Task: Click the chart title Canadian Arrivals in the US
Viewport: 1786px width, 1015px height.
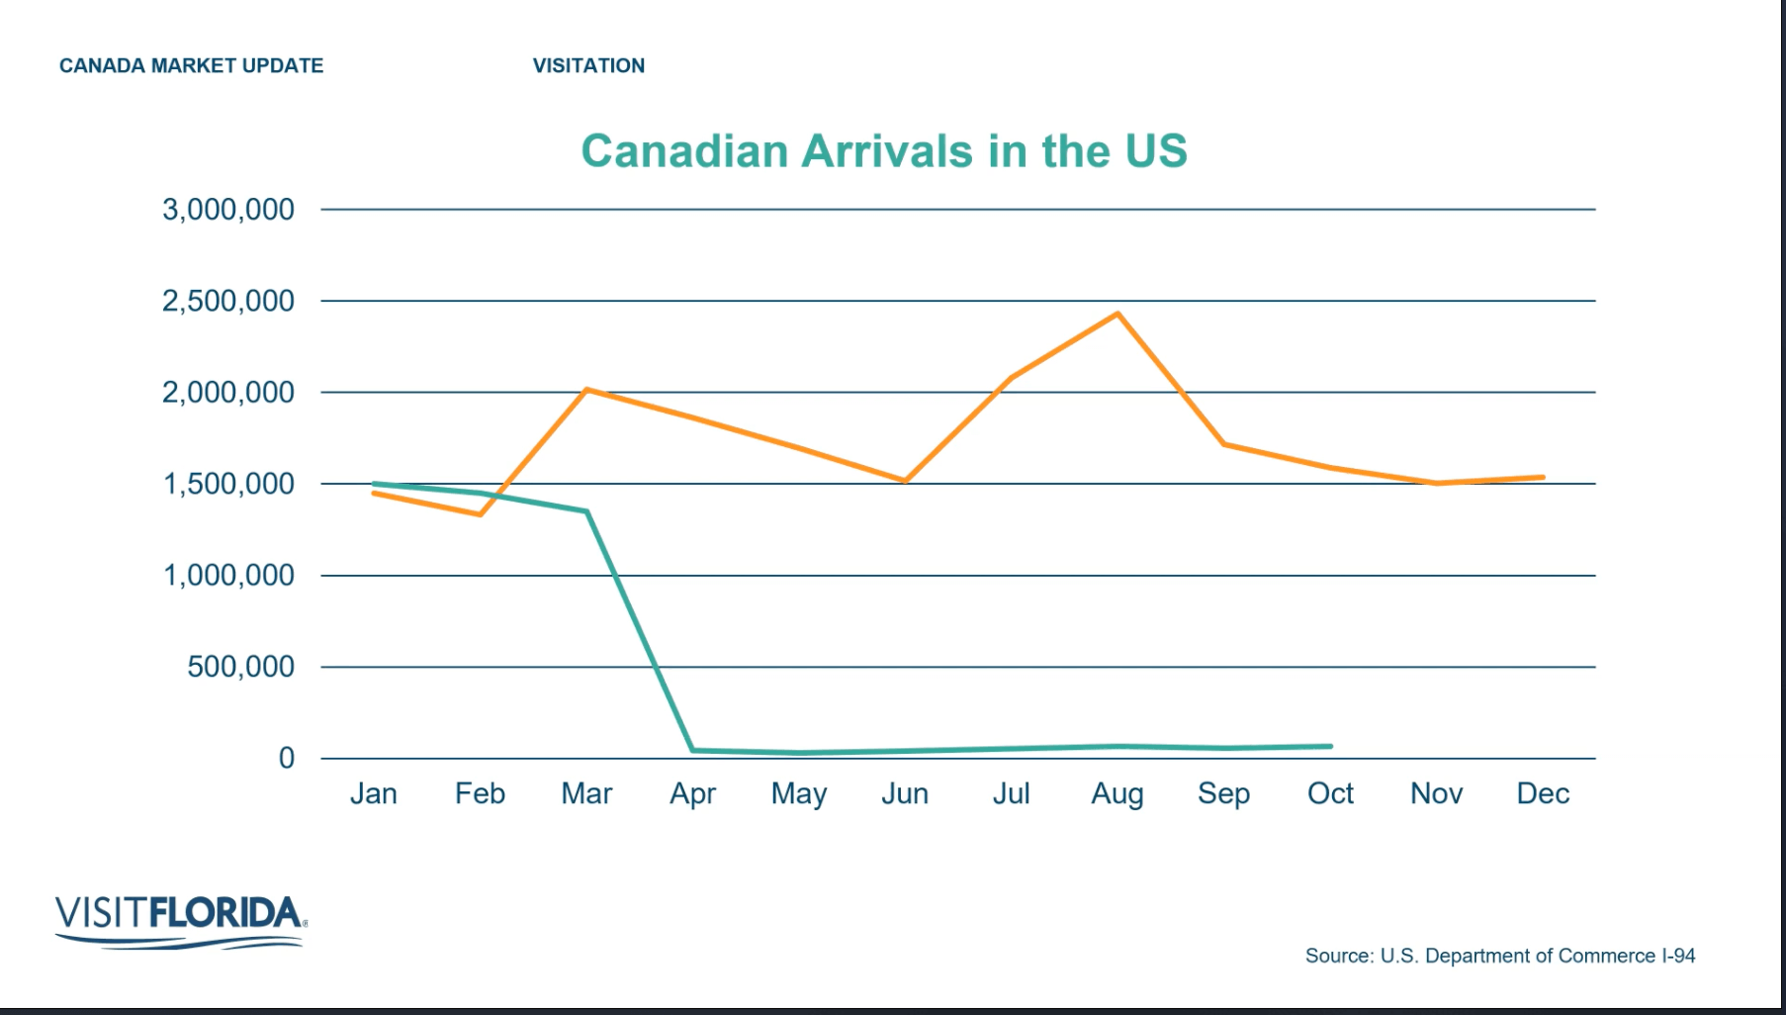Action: (x=883, y=151)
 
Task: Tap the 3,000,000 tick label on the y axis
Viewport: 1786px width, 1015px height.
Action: (x=228, y=210)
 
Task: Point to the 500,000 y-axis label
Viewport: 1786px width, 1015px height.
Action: (x=240, y=667)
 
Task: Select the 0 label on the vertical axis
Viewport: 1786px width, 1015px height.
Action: (x=286, y=758)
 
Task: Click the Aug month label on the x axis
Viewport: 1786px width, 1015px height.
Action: (x=1116, y=793)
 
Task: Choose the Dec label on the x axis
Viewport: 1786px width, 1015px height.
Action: (x=1542, y=793)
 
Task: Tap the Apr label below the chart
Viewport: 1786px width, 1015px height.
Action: (x=692, y=793)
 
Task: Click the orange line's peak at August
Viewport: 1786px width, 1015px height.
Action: (x=1117, y=315)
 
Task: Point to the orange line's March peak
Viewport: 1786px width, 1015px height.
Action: (x=586, y=390)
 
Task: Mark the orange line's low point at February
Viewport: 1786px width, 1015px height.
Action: (x=480, y=514)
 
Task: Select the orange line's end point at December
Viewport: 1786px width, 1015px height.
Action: (x=1542, y=478)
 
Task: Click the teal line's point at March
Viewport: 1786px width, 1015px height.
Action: (x=586, y=511)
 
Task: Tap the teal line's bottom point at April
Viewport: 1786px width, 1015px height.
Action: (x=693, y=750)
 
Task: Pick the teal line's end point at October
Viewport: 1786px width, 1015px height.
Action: (x=1330, y=746)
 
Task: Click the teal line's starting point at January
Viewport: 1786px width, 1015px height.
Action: (x=374, y=484)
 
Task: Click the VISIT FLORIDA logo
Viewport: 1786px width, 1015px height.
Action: (x=180, y=921)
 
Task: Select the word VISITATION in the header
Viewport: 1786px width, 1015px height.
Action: (x=588, y=66)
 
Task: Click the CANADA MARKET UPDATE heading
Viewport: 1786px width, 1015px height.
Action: (x=191, y=66)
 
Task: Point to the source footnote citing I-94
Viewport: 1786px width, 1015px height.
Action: (x=1499, y=956)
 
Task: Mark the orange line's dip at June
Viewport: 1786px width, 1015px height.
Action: (x=905, y=481)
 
